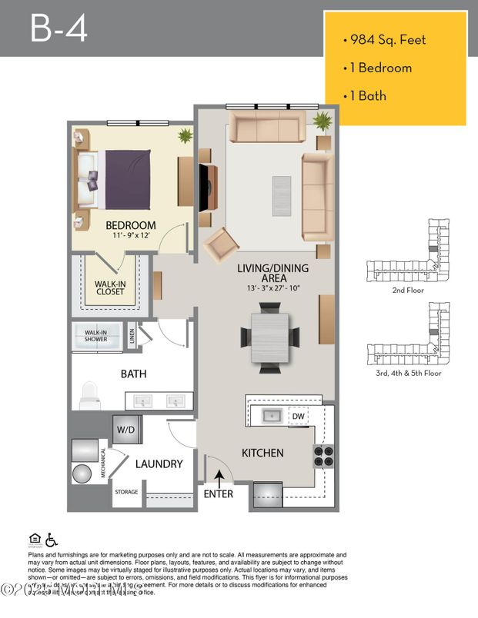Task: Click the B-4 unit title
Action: coord(58,28)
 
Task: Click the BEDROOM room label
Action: coord(130,225)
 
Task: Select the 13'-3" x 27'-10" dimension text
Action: coord(272,287)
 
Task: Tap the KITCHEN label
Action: coord(262,453)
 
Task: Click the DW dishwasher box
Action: coord(298,417)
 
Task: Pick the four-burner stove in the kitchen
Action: coord(324,457)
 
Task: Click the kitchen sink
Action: coord(271,416)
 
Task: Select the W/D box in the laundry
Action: coord(126,429)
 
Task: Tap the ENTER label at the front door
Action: coord(218,493)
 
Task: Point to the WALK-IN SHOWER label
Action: coord(96,334)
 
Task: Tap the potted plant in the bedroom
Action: coord(185,137)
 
